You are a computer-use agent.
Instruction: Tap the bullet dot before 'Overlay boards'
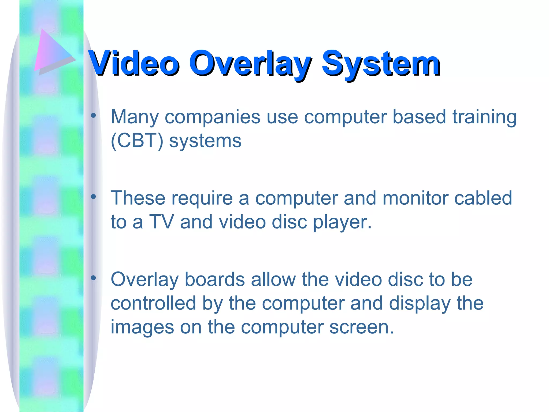click(93, 278)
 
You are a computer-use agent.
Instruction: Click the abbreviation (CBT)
click(137, 141)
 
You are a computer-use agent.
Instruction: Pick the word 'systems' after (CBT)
click(205, 141)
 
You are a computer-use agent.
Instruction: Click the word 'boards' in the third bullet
click(215, 279)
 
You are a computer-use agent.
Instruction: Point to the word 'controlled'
click(153, 303)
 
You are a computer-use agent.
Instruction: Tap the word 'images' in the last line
click(142, 328)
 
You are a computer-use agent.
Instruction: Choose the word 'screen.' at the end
click(362, 328)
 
